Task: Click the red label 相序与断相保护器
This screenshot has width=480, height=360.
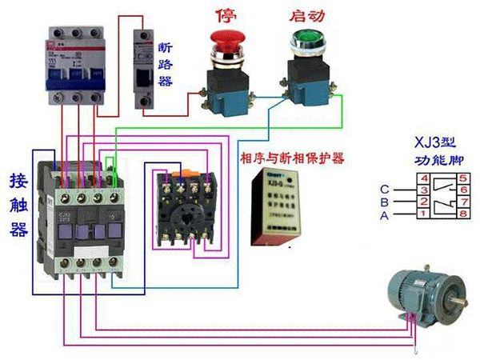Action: point(292,158)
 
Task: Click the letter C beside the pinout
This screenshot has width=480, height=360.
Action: point(384,190)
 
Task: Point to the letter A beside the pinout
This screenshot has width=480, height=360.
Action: point(384,216)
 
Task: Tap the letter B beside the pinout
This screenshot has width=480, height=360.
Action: point(384,203)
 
